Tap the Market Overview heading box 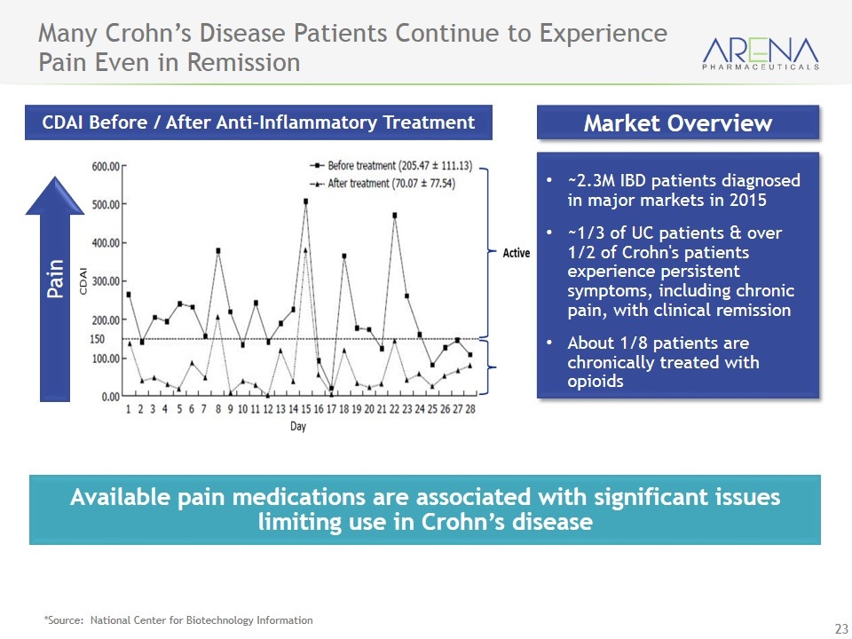(677, 122)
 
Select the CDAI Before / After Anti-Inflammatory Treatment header (259, 122)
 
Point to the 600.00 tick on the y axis (106, 165)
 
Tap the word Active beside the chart (516, 253)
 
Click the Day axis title (299, 427)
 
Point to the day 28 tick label (469, 410)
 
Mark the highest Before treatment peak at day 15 (305, 201)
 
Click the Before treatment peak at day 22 (394, 215)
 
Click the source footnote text (178, 620)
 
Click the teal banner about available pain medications (424, 509)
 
